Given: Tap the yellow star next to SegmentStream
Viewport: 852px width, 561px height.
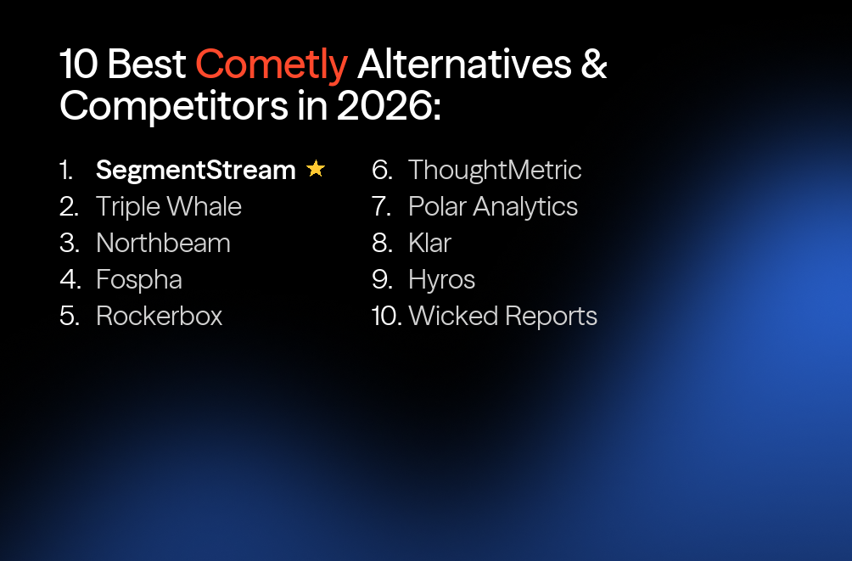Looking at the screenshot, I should (316, 169).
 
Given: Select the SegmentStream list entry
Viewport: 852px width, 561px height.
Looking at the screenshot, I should (195, 170).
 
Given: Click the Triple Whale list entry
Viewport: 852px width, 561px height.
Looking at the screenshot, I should (169, 206).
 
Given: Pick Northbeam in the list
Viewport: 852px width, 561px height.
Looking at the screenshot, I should (163, 243).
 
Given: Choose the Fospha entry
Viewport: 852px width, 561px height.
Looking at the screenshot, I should (139, 279).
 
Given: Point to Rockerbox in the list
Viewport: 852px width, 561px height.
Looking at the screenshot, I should (160, 316).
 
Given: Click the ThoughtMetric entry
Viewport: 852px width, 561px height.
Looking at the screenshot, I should (495, 170).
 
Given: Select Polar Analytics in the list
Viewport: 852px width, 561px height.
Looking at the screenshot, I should (493, 206).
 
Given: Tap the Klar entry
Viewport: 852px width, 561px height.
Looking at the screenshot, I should (429, 243).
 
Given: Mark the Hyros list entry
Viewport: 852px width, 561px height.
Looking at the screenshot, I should (441, 279).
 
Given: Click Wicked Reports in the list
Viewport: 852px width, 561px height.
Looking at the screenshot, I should (502, 316).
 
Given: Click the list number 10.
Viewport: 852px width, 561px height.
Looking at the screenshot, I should (386, 316).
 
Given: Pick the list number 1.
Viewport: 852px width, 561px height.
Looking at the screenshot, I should (66, 170).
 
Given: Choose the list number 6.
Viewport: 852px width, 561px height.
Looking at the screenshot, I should (382, 170).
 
